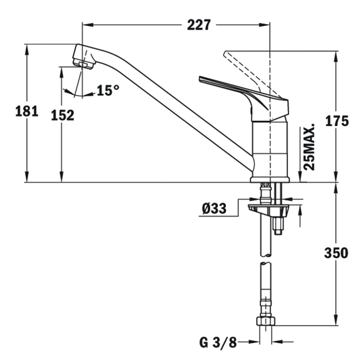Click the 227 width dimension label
click(x=199, y=25)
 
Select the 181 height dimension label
click(x=27, y=111)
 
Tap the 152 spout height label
click(x=63, y=115)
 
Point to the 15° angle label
click(x=108, y=90)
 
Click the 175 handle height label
click(x=337, y=121)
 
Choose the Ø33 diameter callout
click(x=214, y=209)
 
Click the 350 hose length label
click(x=336, y=253)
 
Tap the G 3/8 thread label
click(x=218, y=343)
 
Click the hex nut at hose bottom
click(x=266, y=321)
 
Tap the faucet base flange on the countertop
click(x=270, y=180)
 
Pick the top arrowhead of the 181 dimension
click(x=27, y=49)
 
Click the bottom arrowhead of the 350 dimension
click(x=336, y=320)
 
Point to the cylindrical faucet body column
click(x=270, y=149)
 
